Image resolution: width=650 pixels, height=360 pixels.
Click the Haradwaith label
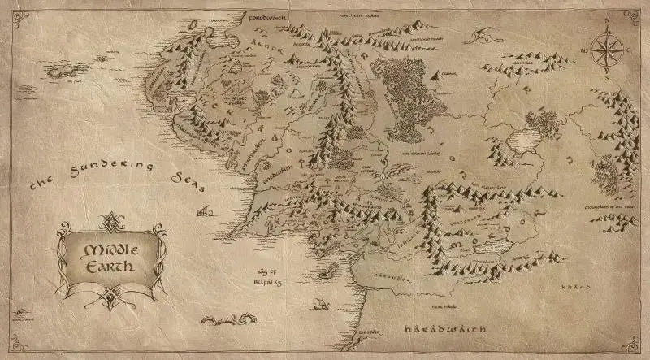[x=445, y=331]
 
